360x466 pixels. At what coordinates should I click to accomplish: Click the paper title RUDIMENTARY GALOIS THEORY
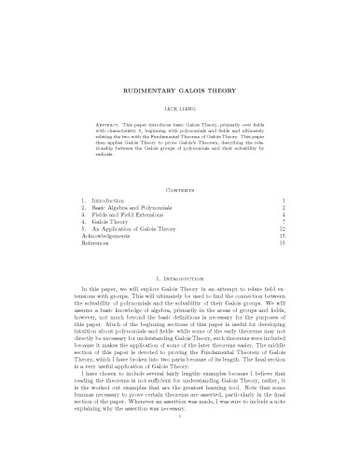180,93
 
